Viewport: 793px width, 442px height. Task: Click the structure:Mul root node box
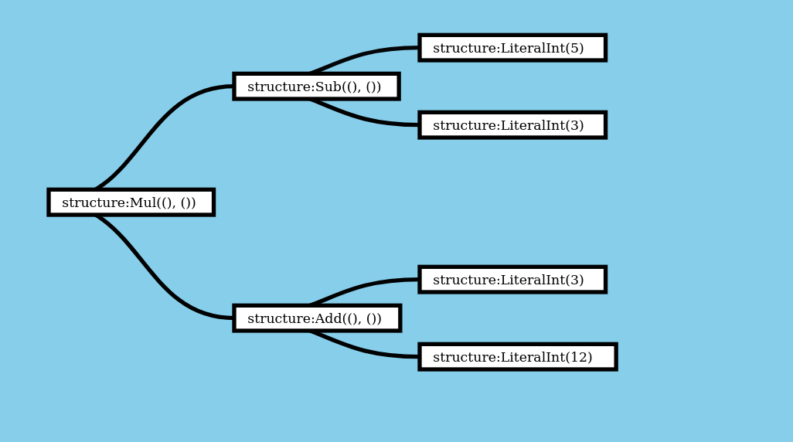tap(131, 202)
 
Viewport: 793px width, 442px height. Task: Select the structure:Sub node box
tap(316, 86)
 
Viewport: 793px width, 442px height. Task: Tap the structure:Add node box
tap(317, 318)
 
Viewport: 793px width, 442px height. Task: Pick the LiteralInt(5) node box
tap(512, 47)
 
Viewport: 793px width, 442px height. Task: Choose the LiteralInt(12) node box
tap(517, 356)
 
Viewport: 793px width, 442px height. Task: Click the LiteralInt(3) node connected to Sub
tap(512, 124)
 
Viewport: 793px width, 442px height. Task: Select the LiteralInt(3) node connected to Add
tap(512, 279)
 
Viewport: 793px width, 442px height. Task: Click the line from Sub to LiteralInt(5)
tap(363, 53)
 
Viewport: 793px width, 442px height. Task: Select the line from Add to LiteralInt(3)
tap(363, 285)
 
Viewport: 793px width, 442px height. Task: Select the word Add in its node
tap(328, 318)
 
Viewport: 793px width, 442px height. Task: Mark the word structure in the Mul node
tap(93, 202)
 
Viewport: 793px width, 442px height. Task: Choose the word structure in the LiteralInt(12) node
tap(464, 357)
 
